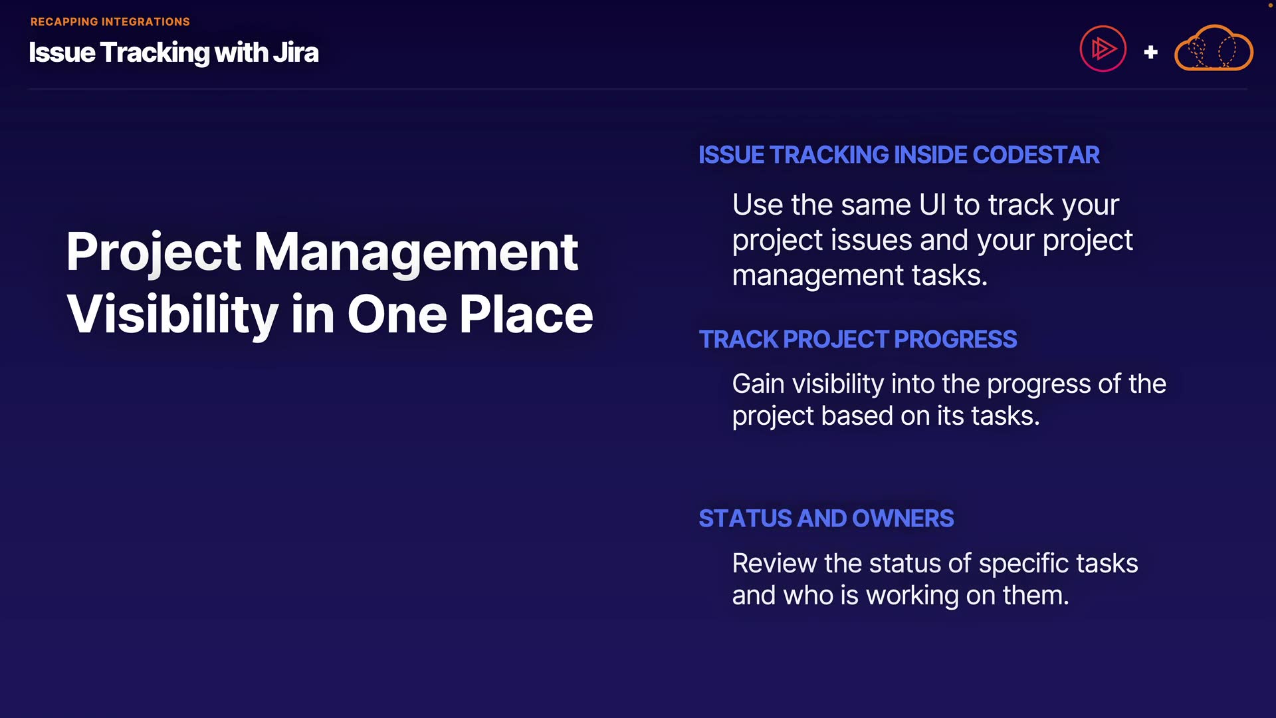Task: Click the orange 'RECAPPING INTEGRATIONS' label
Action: pyautogui.click(x=110, y=22)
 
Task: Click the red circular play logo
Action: pyautogui.click(x=1103, y=49)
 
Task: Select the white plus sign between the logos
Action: pyautogui.click(x=1151, y=52)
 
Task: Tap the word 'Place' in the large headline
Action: pyautogui.click(x=526, y=314)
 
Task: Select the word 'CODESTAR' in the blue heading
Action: pyautogui.click(x=1036, y=155)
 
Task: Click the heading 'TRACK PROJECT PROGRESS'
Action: pyautogui.click(x=858, y=340)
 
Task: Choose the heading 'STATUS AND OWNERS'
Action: pyautogui.click(x=826, y=519)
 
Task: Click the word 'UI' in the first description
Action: pyautogui.click(x=932, y=205)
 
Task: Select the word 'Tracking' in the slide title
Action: pyautogui.click(x=155, y=53)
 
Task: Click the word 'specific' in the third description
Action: pyautogui.click(x=1023, y=564)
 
